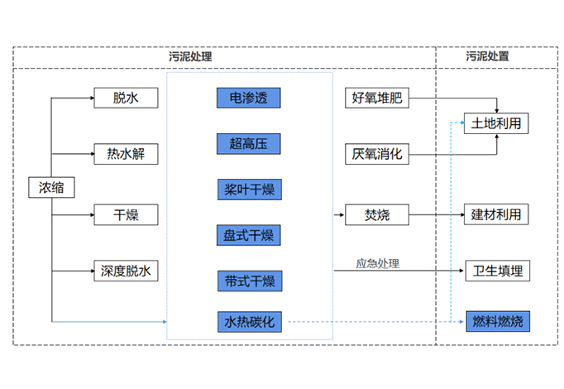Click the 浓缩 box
pos(51,188)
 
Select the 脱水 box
pos(126,98)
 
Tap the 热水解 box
pos(126,154)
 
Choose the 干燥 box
pos(126,215)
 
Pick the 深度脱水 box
pos(126,271)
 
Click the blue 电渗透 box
pos(249,98)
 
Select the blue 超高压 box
pos(249,143)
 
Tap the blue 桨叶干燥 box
pos(249,189)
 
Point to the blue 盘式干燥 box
pos(249,234)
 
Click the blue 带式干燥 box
pos(249,280)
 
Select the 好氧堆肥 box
pos(376,98)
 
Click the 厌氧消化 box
pos(376,154)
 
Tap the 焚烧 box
pos(376,215)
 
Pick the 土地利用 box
pos(496,124)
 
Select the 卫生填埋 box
pos(496,271)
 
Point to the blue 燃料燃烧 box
pos(496,320)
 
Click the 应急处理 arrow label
pos(377,263)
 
